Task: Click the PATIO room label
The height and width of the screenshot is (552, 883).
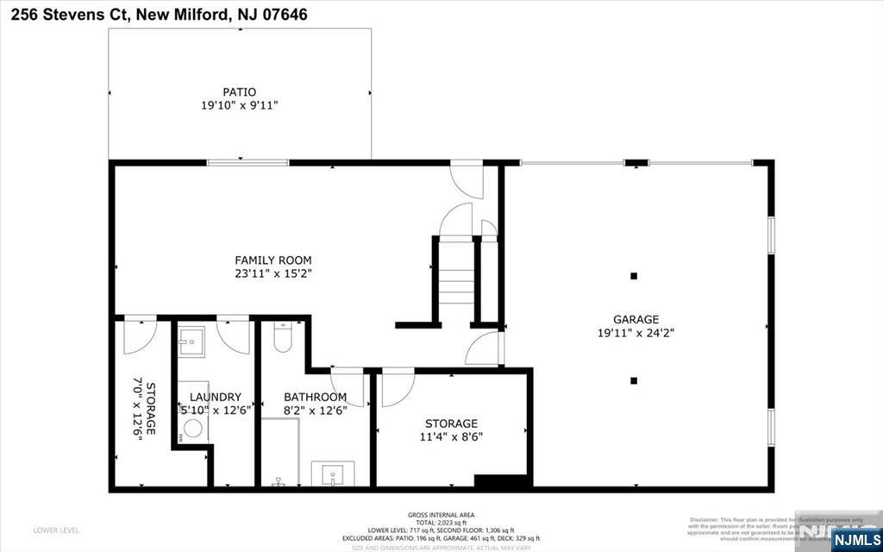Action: [x=239, y=91]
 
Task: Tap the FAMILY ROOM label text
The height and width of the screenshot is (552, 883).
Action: [x=273, y=260]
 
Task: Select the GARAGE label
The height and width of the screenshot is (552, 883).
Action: [x=636, y=318]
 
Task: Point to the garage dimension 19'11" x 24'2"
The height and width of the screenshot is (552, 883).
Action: [x=636, y=332]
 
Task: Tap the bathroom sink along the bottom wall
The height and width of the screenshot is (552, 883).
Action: [x=333, y=474]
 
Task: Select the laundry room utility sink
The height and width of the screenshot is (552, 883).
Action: [x=191, y=342]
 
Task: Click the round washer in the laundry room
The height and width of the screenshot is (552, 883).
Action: [x=192, y=429]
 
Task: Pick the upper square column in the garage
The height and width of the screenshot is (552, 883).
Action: [x=634, y=276]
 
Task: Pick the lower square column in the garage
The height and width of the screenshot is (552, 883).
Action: [x=634, y=380]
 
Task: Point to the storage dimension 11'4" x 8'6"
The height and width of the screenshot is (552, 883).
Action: [x=451, y=436]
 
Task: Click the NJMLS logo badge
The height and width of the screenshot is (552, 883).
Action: [x=855, y=539]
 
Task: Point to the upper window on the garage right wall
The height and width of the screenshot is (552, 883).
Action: [x=771, y=234]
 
